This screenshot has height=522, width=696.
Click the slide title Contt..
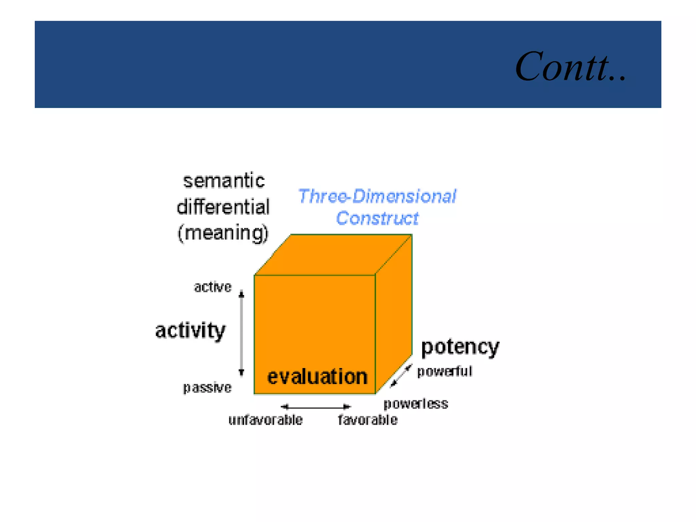tap(570, 67)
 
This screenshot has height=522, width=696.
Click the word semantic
tap(224, 181)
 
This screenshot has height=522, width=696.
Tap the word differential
tap(223, 207)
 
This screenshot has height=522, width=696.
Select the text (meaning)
tap(223, 233)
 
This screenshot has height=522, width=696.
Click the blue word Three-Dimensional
tap(377, 196)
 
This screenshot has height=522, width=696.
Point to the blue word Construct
tap(377, 218)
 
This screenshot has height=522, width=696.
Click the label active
tap(213, 287)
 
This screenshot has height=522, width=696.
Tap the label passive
tap(207, 387)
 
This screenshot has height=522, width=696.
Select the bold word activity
tap(190, 330)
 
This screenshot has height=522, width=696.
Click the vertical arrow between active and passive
tap(241, 333)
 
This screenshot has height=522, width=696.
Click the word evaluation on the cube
tap(317, 377)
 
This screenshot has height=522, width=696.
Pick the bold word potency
tap(460, 347)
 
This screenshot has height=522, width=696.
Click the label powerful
tap(445, 371)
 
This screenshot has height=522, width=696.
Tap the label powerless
tap(416, 404)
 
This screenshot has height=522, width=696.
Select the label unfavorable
tap(265, 420)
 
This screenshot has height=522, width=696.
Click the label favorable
tap(368, 420)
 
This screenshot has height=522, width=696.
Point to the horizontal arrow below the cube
tap(316, 406)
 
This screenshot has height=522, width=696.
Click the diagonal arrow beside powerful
tap(401, 376)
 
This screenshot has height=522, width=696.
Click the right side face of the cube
tap(394, 316)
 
